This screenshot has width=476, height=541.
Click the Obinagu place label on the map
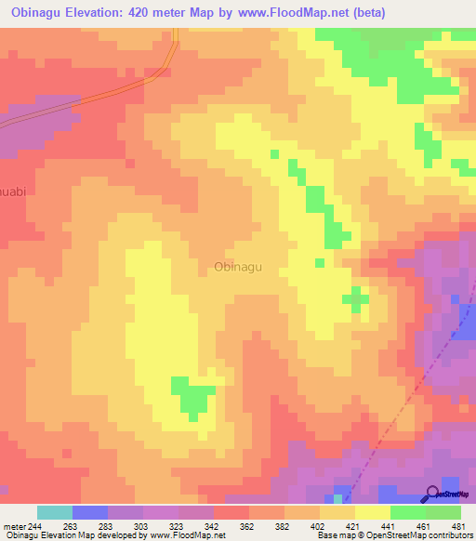click(238, 267)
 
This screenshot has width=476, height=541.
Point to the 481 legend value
click(458, 527)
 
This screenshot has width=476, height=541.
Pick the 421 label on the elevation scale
click(351, 527)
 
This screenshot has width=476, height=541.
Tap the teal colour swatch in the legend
click(55, 512)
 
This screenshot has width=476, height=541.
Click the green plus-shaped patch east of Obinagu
click(354, 298)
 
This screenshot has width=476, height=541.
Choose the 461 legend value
click(423, 527)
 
